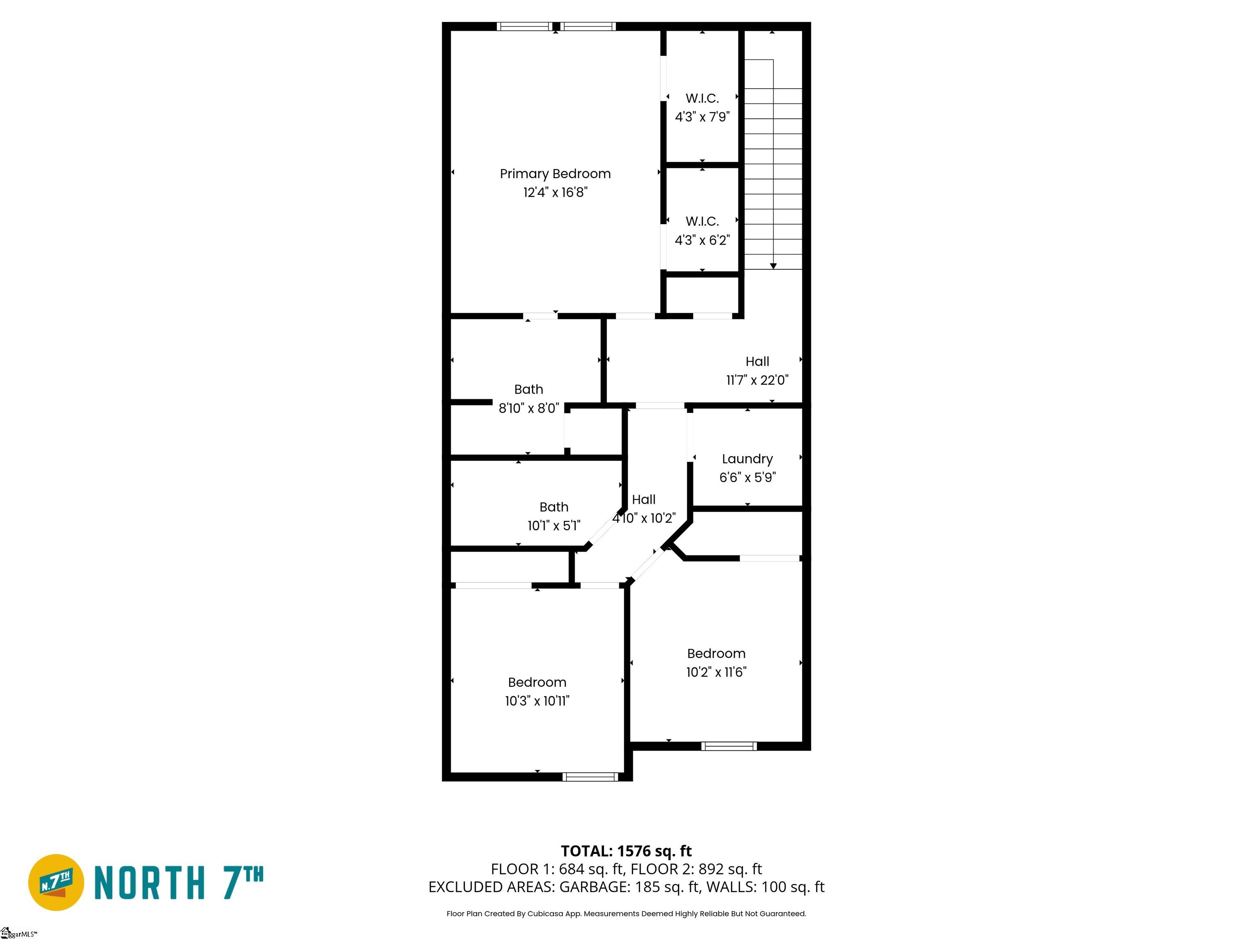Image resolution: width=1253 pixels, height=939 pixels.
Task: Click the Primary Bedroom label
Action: pos(555,174)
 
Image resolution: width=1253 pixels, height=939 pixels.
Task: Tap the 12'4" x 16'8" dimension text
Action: pos(555,192)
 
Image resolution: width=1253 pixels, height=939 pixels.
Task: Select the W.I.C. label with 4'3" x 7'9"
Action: pos(702,99)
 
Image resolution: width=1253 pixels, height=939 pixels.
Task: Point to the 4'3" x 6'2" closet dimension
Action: pos(702,240)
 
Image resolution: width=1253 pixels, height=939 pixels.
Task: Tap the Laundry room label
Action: pos(747,459)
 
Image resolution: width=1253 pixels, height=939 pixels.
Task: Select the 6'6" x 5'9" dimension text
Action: pos(748,478)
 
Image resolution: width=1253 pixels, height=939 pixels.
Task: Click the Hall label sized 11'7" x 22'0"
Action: pos(757,361)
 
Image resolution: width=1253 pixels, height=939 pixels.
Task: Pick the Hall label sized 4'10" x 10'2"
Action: pos(644,500)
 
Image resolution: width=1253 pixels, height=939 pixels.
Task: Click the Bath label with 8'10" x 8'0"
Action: pos(529,389)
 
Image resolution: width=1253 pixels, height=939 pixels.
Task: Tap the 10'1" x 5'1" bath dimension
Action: pos(554,526)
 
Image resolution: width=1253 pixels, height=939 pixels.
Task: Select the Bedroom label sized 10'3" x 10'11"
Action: pos(537,683)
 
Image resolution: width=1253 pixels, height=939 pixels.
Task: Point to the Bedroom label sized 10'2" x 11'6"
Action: pos(716,654)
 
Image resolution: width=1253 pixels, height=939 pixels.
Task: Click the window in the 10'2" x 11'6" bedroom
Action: pos(729,746)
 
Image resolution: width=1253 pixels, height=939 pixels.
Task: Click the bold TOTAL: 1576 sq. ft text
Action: pos(626,851)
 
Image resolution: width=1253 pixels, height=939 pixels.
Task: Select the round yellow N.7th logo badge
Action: pos(56,882)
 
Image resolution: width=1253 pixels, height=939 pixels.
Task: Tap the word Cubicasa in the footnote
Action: pos(545,914)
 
